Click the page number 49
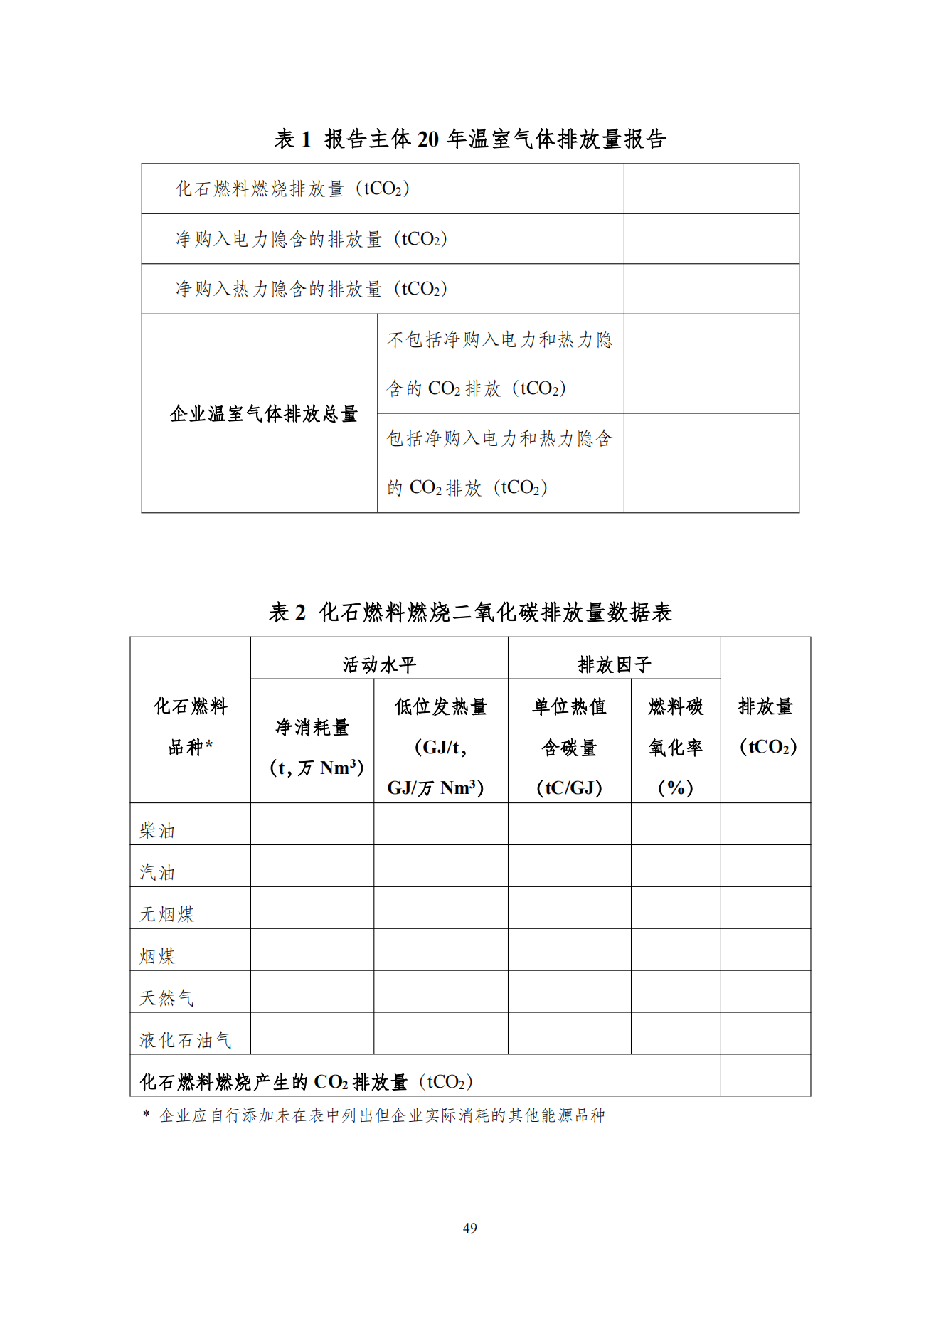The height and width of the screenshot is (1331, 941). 469,1228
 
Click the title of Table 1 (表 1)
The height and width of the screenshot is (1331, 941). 469,139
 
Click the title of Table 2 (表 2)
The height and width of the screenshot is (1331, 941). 469,612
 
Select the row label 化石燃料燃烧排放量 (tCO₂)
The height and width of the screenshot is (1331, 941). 292,189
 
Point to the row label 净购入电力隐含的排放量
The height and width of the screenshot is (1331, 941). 311,239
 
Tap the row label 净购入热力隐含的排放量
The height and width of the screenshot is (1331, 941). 311,289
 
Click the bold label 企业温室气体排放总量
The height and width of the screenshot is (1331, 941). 263,413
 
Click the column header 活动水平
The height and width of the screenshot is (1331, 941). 379,664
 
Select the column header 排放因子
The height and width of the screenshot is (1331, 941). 614,664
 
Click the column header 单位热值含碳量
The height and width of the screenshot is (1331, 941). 569,747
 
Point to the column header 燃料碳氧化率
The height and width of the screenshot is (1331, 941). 675,747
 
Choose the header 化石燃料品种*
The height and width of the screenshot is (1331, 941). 191,726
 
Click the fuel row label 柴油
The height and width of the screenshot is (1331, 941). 157,830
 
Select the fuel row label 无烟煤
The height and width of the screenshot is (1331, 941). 166,914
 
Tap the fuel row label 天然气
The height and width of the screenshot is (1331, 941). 166,998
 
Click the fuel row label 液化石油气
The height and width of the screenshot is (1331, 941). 185,1040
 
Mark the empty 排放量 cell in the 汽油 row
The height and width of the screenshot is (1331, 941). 765,866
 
